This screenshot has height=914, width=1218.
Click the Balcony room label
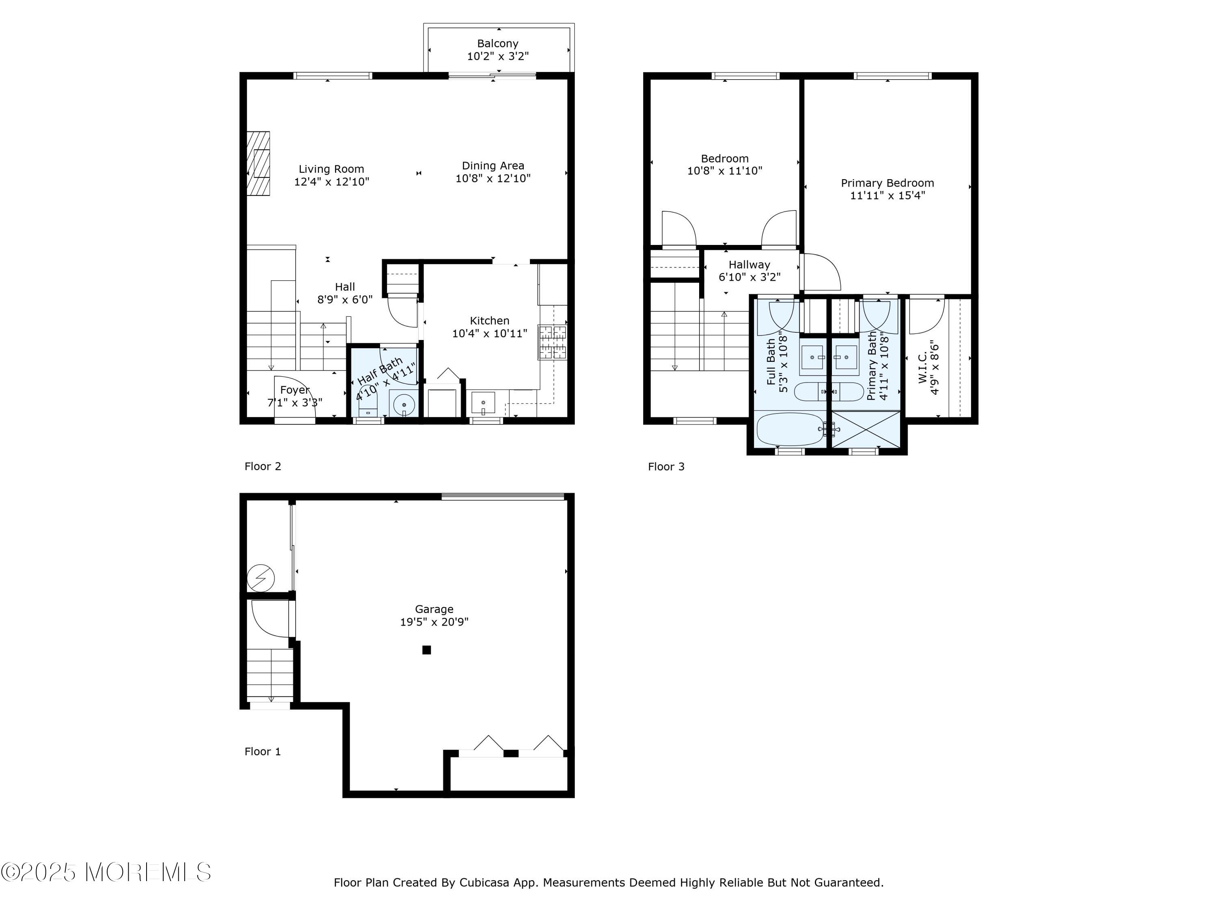click(x=498, y=43)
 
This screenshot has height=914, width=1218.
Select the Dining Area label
click(x=493, y=165)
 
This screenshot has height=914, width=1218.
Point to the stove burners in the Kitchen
click(x=553, y=342)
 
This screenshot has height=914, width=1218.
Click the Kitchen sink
click(x=484, y=403)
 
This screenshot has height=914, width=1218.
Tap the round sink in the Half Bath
click(x=404, y=404)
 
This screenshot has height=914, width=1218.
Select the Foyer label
click(x=295, y=390)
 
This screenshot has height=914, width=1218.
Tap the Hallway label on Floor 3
click(x=749, y=264)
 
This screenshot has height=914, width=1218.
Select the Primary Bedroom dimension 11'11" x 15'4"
click(x=888, y=195)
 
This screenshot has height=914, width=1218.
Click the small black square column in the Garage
click(x=427, y=650)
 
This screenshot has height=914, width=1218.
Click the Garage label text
click(x=434, y=609)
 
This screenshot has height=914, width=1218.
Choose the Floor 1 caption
click(x=263, y=752)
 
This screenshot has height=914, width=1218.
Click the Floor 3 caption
click(x=666, y=467)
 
